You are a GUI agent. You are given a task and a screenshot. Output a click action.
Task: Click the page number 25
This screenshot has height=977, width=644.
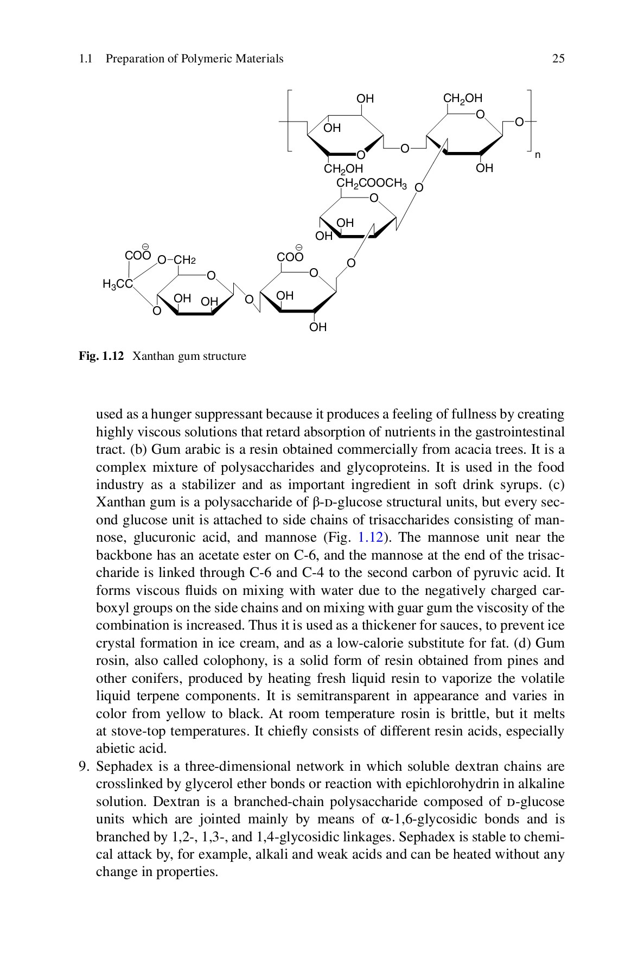coord(558,59)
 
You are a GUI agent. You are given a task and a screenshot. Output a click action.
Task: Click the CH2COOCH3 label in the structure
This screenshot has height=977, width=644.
coord(372,183)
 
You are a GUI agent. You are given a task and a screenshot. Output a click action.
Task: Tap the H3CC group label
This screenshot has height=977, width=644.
coord(117,284)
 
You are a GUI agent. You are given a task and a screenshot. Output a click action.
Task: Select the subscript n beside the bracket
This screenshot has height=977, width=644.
coord(538,155)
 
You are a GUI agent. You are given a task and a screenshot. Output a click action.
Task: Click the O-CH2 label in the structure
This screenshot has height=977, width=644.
coord(176,260)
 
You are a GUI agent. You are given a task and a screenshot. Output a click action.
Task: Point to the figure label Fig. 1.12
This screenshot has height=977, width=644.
coord(101,357)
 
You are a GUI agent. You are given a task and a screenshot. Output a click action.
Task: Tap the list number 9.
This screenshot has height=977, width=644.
coord(83,767)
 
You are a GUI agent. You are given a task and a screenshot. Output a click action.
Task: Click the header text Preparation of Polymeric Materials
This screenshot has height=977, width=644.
coord(194,59)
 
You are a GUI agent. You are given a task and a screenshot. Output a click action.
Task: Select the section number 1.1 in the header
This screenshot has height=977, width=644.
coord(85,59)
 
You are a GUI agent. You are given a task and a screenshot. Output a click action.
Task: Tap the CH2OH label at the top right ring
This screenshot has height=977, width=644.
coord(462,98)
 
